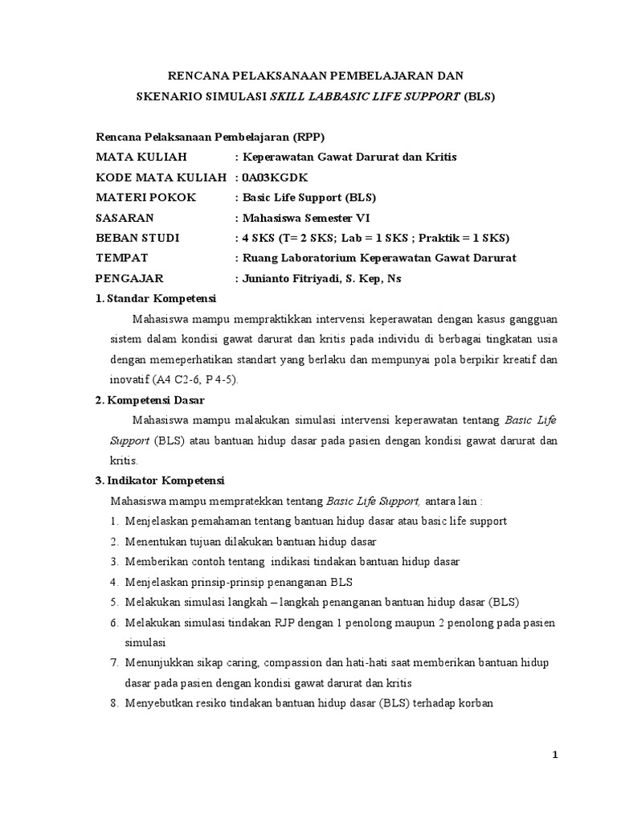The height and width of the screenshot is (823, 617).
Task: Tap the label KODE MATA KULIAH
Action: tap(161, 177)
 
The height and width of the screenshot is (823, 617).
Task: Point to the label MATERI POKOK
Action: tap(145, 197)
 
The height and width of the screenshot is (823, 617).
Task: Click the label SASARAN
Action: tap(125, 218)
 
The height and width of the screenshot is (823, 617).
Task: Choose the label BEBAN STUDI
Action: tap(137, 238)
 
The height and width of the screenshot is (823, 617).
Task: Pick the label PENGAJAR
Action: tap(129, 278)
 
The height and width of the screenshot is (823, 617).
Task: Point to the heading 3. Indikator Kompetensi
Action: tap(160, 481)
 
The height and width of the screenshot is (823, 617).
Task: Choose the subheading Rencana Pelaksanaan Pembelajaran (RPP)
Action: tap(210, 136)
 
